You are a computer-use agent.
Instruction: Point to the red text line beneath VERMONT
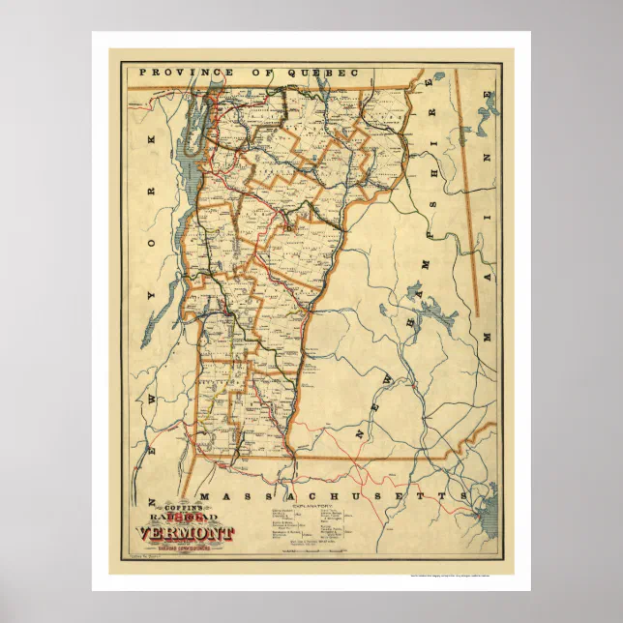193,547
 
